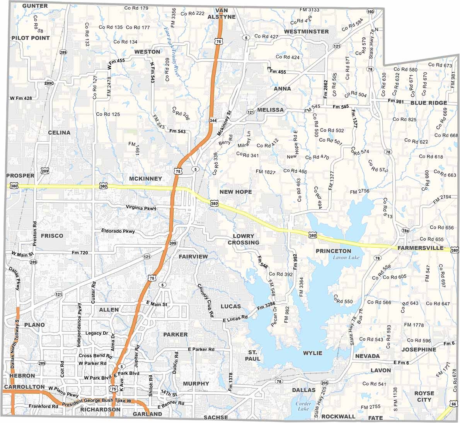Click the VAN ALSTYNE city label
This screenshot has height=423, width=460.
click(221, 14)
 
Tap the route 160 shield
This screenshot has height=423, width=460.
click(371, 12)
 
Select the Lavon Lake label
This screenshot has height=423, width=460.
click(346, 258)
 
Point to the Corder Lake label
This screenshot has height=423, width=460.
click(303, 406)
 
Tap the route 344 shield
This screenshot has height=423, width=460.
click(213, 120)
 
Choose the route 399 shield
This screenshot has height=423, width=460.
click(173, 243)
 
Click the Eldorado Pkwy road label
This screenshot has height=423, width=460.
click(118, 231)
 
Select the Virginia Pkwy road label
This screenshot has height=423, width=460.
click(141, 208)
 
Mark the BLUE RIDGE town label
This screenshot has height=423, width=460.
click(429, 103)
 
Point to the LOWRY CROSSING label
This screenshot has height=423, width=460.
click(244, 239)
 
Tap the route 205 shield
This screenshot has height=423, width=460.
click(324, 383)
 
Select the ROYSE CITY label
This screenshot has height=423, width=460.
click(424, 396)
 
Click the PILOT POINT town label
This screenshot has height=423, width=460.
click(31, 38)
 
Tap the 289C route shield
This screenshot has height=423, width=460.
click(49, 83)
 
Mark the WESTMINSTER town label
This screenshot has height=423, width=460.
click(306, 31)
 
